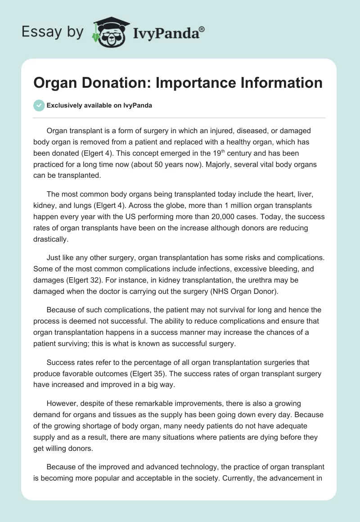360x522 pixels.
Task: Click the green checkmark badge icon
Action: [x=39, y=105]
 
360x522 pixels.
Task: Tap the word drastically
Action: [x=50, y=239]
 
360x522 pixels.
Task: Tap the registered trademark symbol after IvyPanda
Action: [x=202, y=28]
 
